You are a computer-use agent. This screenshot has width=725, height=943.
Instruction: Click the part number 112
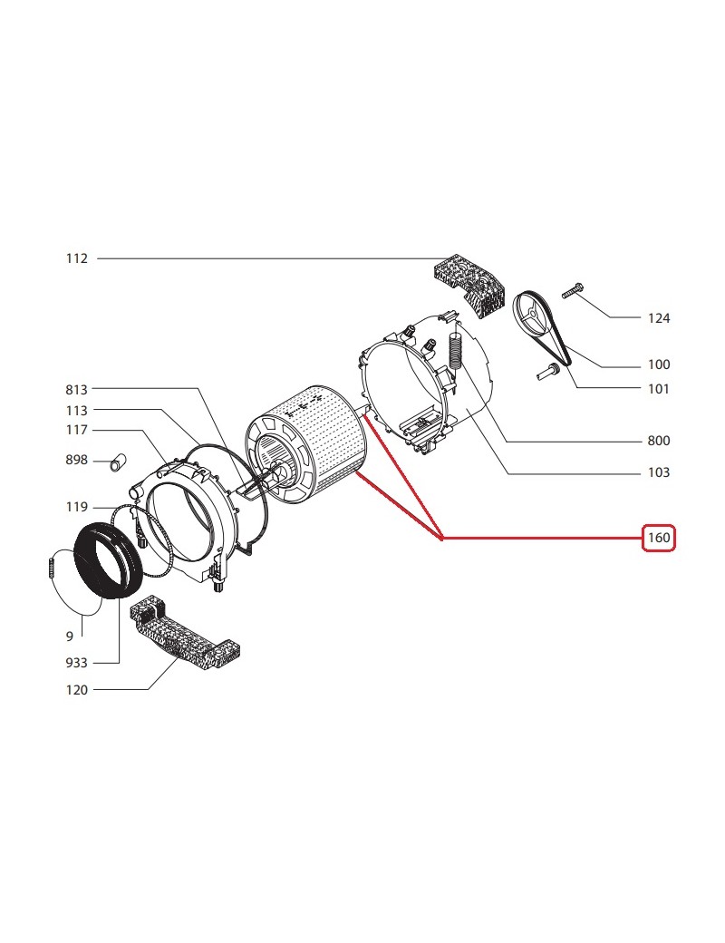76,258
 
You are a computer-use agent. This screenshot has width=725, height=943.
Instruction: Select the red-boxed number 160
659,537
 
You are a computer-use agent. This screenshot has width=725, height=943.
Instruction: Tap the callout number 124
659,318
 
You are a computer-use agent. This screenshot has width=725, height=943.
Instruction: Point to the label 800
659,441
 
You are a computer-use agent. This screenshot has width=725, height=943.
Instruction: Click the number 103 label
659,472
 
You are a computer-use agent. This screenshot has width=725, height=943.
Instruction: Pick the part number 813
76,390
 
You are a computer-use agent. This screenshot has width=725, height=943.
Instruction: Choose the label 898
76,460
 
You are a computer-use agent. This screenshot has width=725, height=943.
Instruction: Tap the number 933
76,663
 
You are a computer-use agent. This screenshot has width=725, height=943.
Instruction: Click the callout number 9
70,637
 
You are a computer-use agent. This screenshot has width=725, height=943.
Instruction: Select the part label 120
76,690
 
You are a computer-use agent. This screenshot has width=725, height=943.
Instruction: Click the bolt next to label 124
573,292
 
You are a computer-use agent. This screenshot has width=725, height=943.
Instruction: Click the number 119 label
76,507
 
